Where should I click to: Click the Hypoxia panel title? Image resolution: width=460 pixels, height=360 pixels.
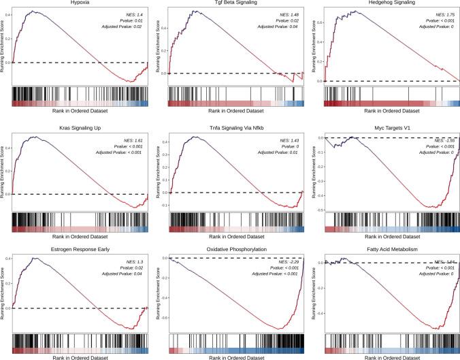(80, 3)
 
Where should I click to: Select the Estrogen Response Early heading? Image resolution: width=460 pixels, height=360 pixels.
(80, 250)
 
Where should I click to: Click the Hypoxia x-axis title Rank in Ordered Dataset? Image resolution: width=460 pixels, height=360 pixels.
(80, 110)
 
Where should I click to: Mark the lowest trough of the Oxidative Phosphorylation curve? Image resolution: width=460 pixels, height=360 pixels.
(278, 329)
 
